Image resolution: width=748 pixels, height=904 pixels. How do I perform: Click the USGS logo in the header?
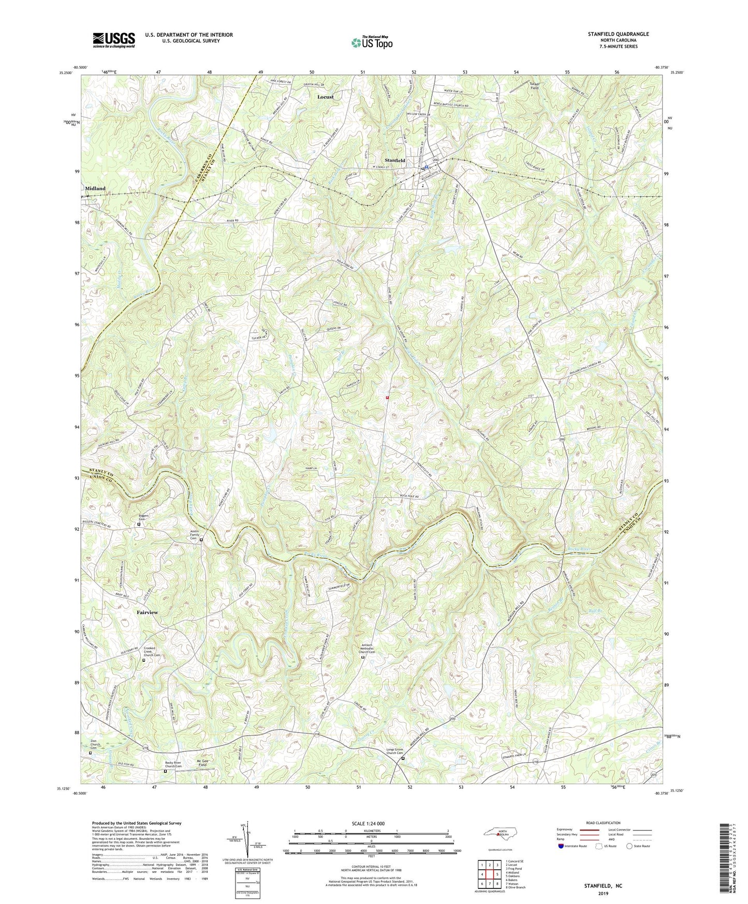(x=113, y=40)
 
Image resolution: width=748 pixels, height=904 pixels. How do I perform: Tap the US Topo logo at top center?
(x=371, y=42)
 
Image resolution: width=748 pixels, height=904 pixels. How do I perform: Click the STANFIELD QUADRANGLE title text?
(x=618, y=34)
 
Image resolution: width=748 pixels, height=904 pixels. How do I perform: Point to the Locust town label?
(x=326, y=97)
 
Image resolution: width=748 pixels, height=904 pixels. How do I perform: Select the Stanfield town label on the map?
(x=394, y=161)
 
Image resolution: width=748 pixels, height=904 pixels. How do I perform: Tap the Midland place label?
(x=93, y=188)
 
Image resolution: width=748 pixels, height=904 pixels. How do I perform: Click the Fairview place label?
(x=148, y=613)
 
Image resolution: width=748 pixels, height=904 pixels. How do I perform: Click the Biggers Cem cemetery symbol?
(x=139, y=524)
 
